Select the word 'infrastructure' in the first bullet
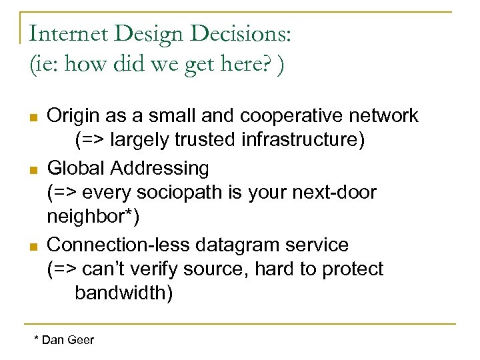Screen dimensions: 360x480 (x=292, y=141)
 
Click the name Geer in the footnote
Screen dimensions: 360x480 (x=80, y=341)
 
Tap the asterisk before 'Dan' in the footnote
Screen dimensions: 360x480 (x=37, y=339)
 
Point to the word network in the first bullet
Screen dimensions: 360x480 (x=385, y=115)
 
